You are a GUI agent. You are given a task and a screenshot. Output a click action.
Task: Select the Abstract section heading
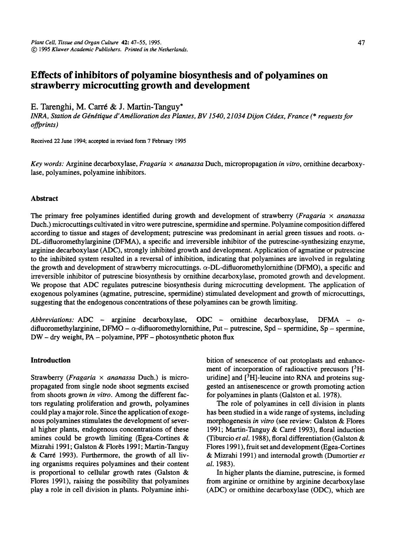(x=44, y=198)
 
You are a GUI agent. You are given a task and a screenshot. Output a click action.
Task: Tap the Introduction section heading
(x=51, y=360)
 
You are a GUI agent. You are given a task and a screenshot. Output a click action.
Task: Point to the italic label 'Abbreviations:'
(x=52, y=320)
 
